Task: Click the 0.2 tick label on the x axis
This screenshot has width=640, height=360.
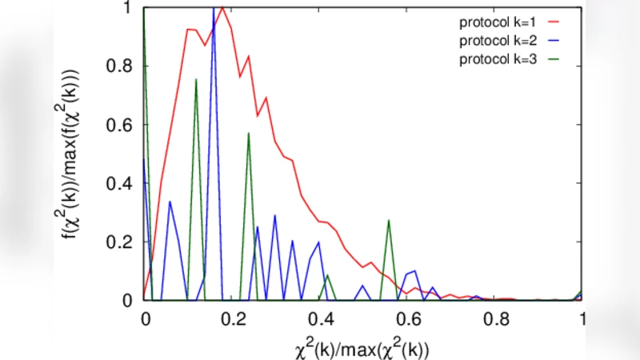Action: (x=232, y=317)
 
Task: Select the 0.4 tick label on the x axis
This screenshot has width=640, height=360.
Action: (x=320, y=317)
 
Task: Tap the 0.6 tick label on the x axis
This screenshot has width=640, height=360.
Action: (x=408, y=317)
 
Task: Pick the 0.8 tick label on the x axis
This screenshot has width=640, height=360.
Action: (x=496, y=317)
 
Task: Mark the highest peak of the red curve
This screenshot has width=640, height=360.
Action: (x=222, y=8)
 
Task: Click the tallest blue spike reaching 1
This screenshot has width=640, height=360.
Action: (x=214, y=8)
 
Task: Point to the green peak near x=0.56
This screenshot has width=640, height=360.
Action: (x=389, y=221)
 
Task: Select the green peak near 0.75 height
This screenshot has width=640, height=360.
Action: (x=196, y=79)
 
